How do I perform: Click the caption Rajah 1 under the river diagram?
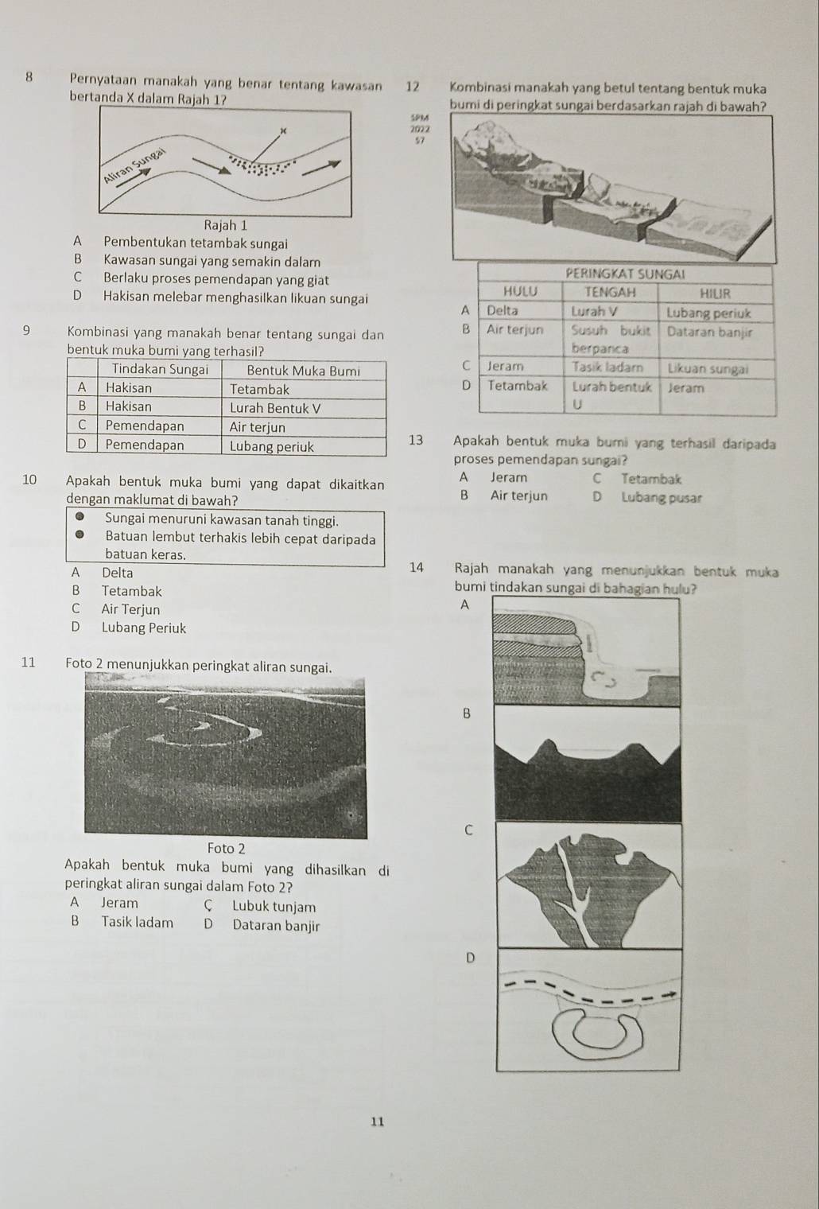pyautogui.click(x=226, y=225)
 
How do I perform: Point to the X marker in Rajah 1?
pyautogui.click(x=282, y=129)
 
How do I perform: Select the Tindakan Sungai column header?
pyautogui.click(x=160, y=370)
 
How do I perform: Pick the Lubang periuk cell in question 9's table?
pyautogui.click(x=271, y=446)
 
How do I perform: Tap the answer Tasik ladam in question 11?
pyautogui.click(x=137, y=923)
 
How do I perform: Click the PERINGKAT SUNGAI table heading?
pyautogui.click(x=624, y=274)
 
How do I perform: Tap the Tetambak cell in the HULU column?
pyautogui.click(x=518, y=386)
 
